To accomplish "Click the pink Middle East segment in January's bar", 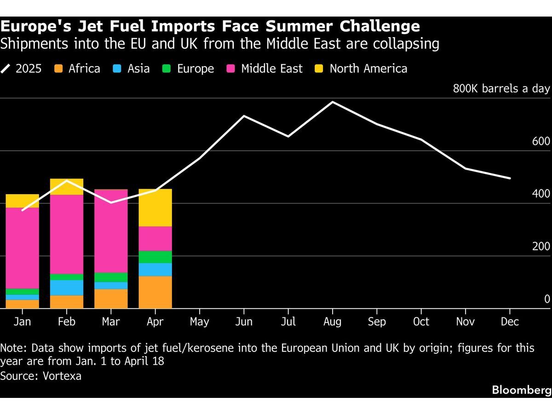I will (22, 248).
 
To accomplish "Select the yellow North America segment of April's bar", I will (155, 207).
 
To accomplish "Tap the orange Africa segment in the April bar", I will (155, 292).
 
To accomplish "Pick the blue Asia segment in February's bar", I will (67, 287).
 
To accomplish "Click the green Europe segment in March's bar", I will (111, 277).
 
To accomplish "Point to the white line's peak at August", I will (333, 102).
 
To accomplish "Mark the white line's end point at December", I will (510, 178).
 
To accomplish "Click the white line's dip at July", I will (288, 136).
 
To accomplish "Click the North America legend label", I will (368, 69).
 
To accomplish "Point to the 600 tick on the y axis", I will (541, 141).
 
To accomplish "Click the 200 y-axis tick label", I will (541, 246).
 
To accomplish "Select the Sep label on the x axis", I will (377, 322).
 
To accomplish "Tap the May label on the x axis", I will (199, 322).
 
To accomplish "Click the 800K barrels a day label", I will (501, 89).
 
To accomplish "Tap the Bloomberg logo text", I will (522, 390).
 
